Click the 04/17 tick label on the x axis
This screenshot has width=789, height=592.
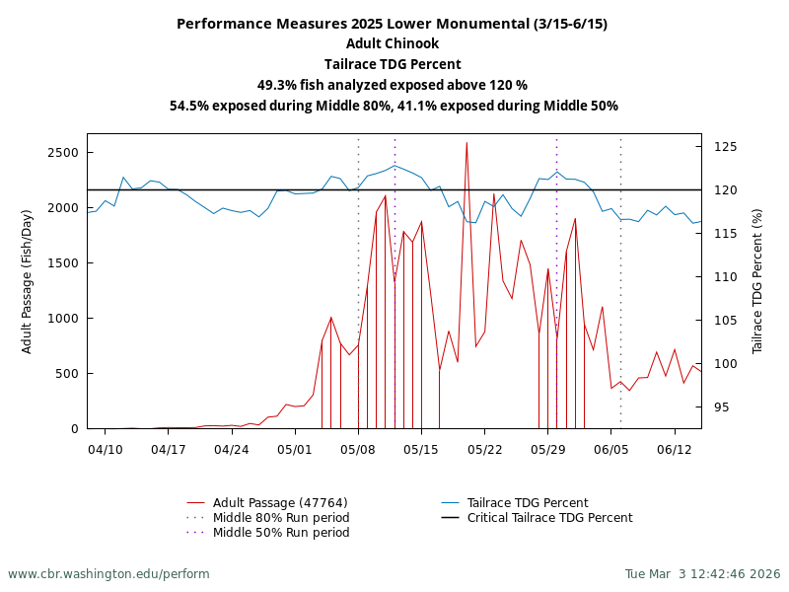pyautogui.click(x=169, y=449)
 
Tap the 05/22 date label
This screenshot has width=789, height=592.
pyautogui.click(x=485, y=449)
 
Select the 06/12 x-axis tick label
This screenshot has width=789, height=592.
pyautogui.click(x=675, y=449)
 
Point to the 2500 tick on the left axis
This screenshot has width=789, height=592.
pyautogui.click(x=62, y=153)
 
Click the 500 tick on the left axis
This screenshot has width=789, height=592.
pyautogui.click(x=66, y=374)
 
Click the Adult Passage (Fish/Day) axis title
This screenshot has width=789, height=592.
pyautogui.click(x=28, y=281)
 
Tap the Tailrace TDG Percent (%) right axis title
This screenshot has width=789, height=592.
pyautogui.click(x=757, y=281)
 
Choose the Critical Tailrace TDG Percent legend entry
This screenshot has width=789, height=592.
pyautogui.click(x=549, y=518)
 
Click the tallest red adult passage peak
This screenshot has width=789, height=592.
pyautogui.click(x=466, y=143)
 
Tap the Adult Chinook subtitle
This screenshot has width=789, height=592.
pyautogui.click(x=393, y=43)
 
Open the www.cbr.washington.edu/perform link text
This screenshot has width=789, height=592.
pyautogui.click(x=108, y=574)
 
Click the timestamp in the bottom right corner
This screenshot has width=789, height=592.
pyautogui.click(x=702, y=574)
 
